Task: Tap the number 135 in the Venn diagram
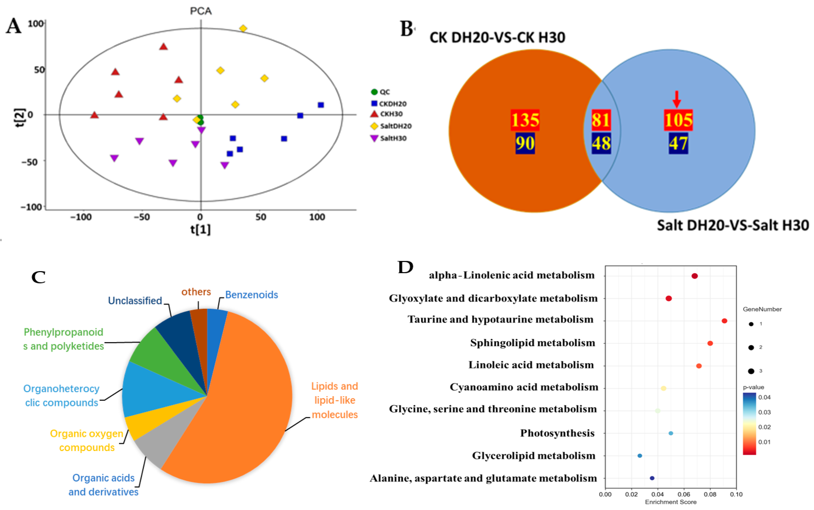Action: click(525, 120)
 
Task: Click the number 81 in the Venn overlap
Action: click(601, 120)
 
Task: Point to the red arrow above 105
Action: click(676, 99)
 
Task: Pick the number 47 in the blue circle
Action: click(678, 143)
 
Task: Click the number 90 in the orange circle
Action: click(525, 143)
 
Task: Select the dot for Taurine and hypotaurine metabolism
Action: click(724, 321)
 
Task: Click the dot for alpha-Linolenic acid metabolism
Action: click(695, 276)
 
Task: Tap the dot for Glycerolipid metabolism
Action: click(640, 456)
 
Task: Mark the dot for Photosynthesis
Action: click(671, 433)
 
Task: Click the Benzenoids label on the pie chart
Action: click(251, 295)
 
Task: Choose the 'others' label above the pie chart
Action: click(196, 292)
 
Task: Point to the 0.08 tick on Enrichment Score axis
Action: click(710, 495)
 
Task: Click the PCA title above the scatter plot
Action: click(201, 11)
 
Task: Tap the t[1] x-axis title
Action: click(200, 229)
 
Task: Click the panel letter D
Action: click(405, 267)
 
